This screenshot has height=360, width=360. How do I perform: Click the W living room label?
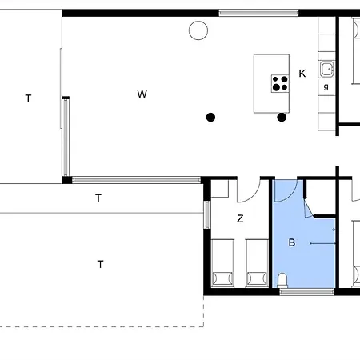(x=142, y=94)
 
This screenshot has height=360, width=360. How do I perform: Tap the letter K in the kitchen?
(x=302, y=74)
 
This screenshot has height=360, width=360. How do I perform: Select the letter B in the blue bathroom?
(x=292, y=242)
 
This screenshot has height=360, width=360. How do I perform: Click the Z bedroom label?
(x=240, y=218)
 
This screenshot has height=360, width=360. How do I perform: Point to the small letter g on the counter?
(x=326, y=86)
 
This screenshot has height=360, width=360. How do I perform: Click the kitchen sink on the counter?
(x=327, y=69)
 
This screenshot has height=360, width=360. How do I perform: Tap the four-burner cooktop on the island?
(x=280, y=83)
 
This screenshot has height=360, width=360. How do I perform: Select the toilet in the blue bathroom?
(x=282, y=281)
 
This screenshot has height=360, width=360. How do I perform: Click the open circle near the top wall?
(x=198, y=30)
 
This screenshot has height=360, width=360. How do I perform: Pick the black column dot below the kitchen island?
(x=282, y=117)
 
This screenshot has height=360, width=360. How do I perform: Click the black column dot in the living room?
(x=210, y=117)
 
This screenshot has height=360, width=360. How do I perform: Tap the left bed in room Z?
(x=222, y=263)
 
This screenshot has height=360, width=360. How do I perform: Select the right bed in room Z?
(x=257, y=263)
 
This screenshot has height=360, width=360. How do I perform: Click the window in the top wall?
(x=258, y=13)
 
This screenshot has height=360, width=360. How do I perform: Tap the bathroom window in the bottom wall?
(x=306, y=292)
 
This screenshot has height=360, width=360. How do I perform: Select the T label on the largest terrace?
(x=100, y=264)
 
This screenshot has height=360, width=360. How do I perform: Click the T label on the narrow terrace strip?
(x=98, y=198)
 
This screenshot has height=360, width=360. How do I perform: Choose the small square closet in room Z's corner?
(x=220, y=189)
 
